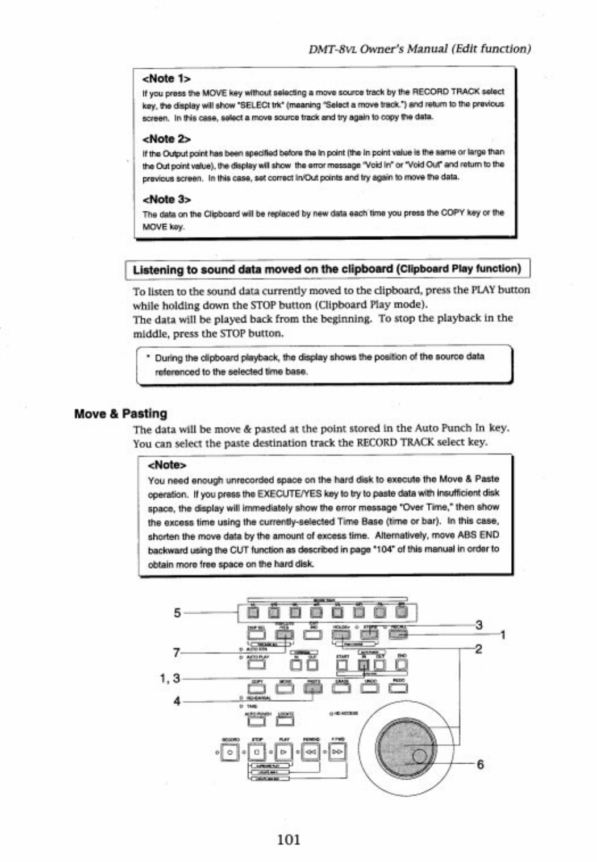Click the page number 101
coord(289,839)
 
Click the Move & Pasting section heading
coord(120,414)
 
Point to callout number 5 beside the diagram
coord(177,613)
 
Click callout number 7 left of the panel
coord(177,653)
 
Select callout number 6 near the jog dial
coord(480,764)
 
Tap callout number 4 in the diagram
coord(177,701)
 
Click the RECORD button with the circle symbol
coord(229,752)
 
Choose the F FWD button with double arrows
coord(337,752)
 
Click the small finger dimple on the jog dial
coord(420,756)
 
